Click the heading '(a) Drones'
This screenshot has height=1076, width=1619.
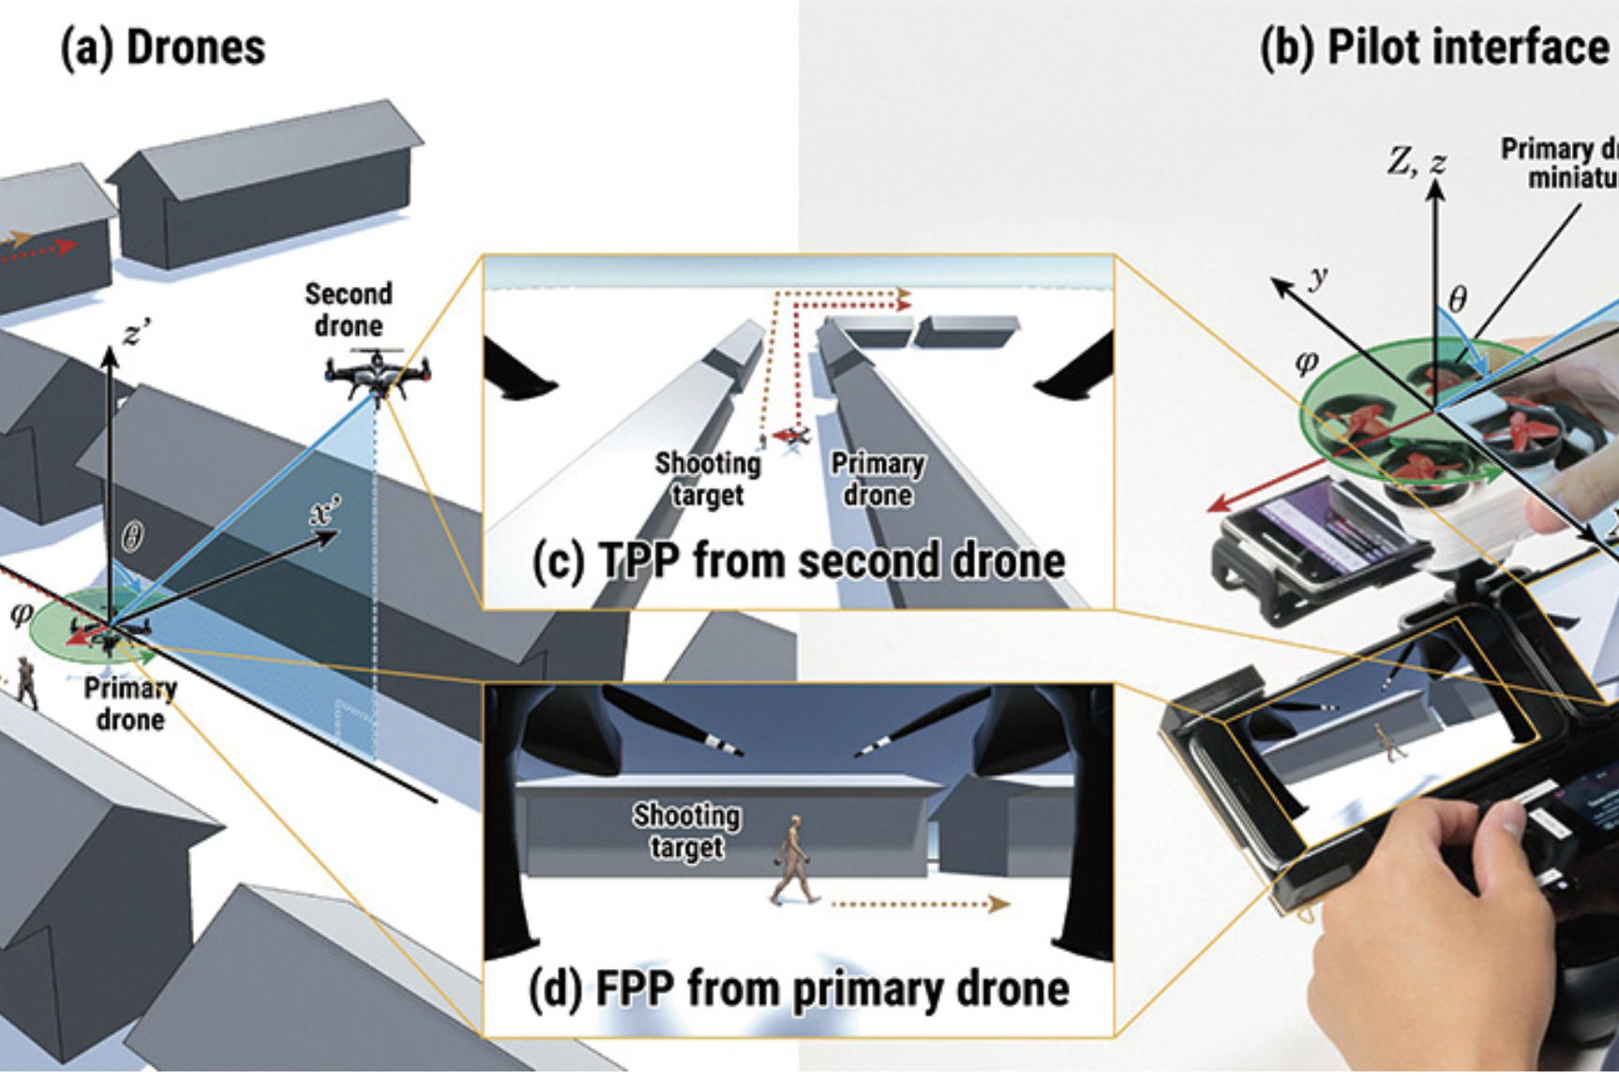[x=162, y=48]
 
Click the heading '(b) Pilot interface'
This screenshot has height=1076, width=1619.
[x=1433, y=48]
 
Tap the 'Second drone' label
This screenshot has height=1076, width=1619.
[x=348, y=309]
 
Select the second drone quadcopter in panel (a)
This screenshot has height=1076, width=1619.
[x=377, y=374]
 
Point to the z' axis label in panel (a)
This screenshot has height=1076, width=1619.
[x=135, y=332]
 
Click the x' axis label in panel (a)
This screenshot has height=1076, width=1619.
[x=327, y=513]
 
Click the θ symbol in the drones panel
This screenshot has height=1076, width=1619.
[x=133, y=537]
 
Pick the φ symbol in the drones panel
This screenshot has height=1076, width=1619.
[x=21, y=615]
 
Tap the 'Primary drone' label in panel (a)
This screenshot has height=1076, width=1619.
[x=130, y=704]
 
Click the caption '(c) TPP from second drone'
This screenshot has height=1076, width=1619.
[x=798, y=561]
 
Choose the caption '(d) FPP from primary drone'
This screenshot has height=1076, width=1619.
[x=798, y=989]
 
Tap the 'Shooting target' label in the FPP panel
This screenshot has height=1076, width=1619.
[x=686, y=830]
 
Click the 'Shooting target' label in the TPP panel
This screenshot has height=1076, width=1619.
[x=708, y=479]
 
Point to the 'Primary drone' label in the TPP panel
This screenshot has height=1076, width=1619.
[x=877, y=479]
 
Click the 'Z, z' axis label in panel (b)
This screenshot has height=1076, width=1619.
[x=1417, y=162]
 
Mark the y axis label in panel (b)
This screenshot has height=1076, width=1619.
[x=1318, y=276]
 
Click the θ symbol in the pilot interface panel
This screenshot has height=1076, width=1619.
[x=1457, y=299]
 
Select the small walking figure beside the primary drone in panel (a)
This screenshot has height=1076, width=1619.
[x=26, y=681]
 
